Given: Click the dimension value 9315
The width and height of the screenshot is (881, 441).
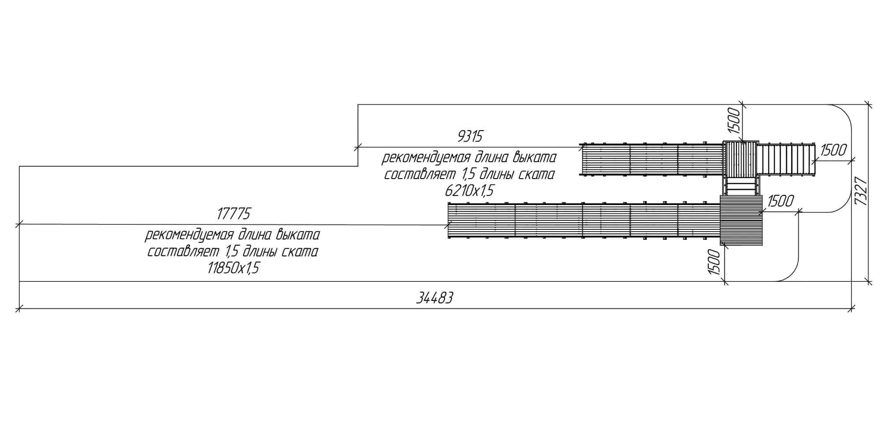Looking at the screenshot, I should point(470,137).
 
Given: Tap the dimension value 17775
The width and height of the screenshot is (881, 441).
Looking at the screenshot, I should point(233,214).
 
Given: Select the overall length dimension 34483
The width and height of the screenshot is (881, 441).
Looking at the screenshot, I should point(435,299).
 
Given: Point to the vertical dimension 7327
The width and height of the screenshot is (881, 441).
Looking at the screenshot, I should point(861,191).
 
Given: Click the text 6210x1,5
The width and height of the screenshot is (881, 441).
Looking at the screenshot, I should point(469,191).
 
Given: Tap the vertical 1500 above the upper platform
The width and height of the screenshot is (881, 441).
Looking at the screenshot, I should point(733,120).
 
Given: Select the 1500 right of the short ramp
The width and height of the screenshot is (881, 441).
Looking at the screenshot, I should point(833,150).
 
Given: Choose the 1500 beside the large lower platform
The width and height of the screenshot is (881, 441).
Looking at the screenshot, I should point(780,202).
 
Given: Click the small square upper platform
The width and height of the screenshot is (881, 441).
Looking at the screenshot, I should point(740,158).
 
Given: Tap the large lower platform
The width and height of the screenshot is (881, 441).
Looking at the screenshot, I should point(741,220).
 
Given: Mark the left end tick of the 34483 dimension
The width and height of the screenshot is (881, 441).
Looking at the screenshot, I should point(19,308).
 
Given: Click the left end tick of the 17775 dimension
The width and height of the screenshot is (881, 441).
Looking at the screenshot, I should point(19,224).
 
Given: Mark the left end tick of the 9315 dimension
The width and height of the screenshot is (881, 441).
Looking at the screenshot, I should point(358,147).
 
